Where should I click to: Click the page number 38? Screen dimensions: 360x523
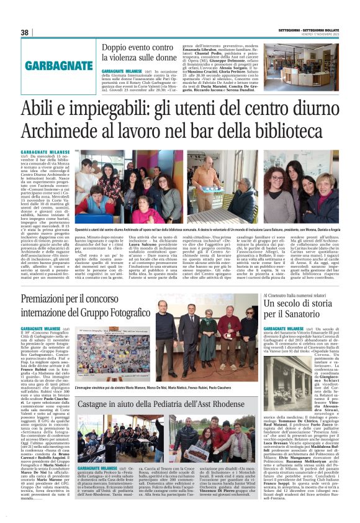click(24, 32)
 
